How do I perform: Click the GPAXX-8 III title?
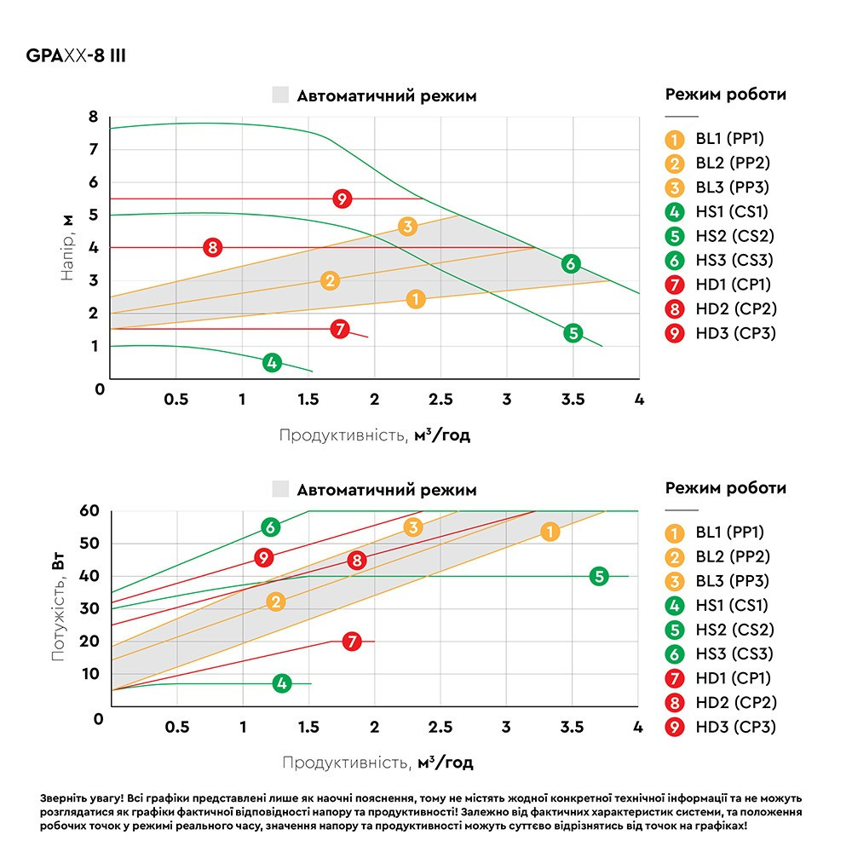click(x=76, y=55)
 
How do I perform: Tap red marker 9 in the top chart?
click(x=342, y=199)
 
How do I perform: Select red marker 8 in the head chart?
click(x=212, y=248)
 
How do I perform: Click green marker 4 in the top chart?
click(x=272, y=362)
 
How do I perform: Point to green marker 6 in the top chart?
click(x=571, y=264)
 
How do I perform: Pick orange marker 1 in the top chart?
click(x=416, y=299)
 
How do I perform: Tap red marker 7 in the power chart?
click(x=352, y=642)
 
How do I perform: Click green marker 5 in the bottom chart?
click(x=599, y=576)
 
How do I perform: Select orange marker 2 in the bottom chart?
click(x=275, y=602)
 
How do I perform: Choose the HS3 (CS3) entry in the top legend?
click(x=734, y=260)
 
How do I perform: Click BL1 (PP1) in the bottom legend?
click(x=730, y=532)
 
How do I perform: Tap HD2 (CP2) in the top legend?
click(x=736, y=308)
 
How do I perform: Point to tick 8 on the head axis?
click(x=94, y=116)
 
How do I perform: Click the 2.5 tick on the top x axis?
click(x=440, y=400)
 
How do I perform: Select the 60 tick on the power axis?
click(x=89, y=510)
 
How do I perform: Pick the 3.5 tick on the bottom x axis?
click(x=572, y=727)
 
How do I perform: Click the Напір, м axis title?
click(x=66, y=247)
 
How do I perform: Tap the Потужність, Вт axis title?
click(x=58, y=607)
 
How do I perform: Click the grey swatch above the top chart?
click(x=280, y=95)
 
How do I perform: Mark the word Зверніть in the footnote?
click(x=62, y=799)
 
